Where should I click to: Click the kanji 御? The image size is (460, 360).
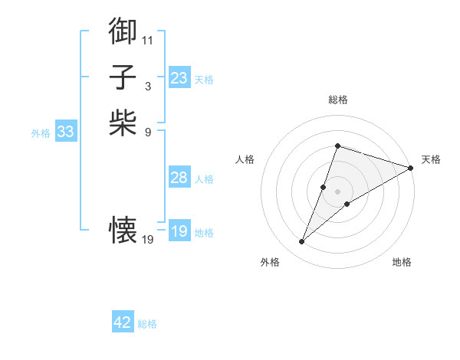[123, 31]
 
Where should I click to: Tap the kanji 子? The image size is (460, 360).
[123, 77]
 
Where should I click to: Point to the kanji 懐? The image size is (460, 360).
[123, 228]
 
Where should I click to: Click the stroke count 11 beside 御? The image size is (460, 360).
[147, 40]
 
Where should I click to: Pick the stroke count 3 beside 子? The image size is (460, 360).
[147, 86]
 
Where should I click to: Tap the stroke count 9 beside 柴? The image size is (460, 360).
[147, 131]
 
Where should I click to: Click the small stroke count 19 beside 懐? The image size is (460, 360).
[148, 240]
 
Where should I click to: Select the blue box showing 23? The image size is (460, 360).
[179, 77]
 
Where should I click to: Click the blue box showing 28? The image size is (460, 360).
[179, 178]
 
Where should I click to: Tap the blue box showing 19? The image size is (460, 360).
[179, 231]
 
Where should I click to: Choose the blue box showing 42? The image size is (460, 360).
[123, 322]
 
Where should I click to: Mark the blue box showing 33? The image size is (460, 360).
[66, 132]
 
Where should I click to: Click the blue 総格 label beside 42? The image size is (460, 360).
[147, 324]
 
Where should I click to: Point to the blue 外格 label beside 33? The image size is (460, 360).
[41, 133]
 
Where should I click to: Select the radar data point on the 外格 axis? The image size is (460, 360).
[302, 242]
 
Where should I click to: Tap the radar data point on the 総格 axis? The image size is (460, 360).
[337, 146]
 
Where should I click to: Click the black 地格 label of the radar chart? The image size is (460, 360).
[402, 263]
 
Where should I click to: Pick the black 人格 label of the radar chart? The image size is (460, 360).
[245, 159]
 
